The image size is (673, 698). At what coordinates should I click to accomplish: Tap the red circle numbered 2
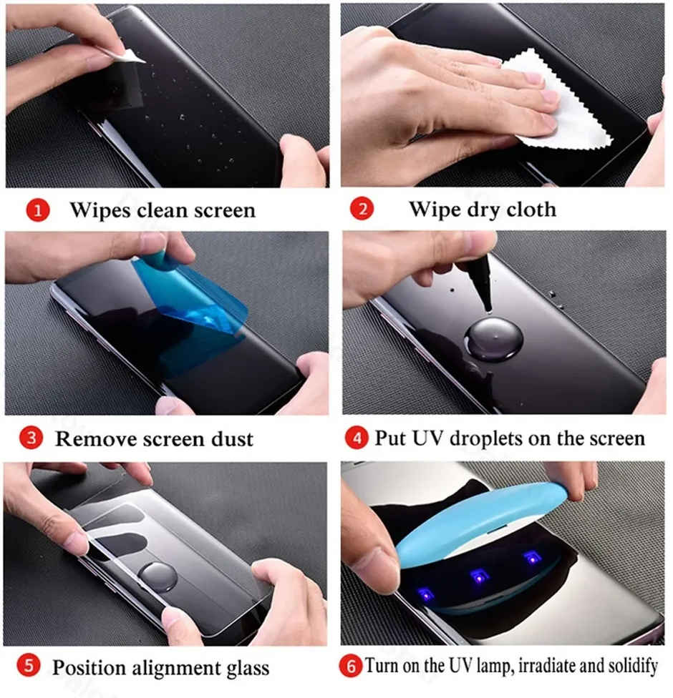(x=362, y=210)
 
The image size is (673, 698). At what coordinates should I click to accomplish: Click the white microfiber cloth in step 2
(x=566, y=100)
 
